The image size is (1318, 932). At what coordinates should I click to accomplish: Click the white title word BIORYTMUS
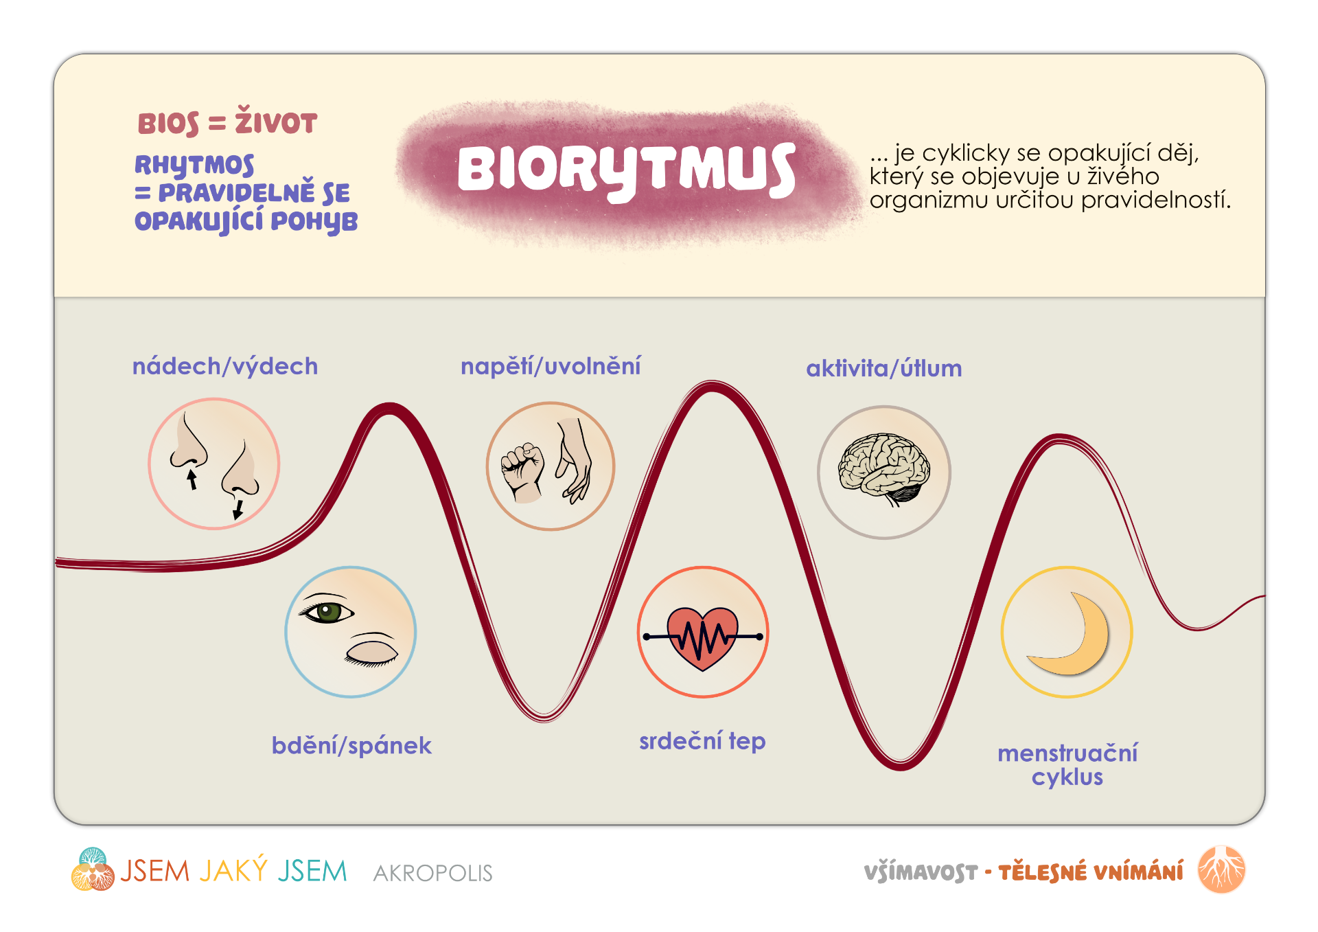tap(627, 170)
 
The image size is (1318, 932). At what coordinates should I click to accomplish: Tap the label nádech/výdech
tap(225, 367)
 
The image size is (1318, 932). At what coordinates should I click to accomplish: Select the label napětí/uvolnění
tap(551, 367)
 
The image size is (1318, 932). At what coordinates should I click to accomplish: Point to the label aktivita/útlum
tap(884, 369)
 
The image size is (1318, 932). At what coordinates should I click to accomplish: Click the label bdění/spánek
tap(351, 746)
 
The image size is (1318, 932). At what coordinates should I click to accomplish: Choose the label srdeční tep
tap(702, 742)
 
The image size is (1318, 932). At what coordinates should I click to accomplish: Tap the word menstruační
tap(1067, 753)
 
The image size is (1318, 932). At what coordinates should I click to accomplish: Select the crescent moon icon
tap(1071, 635)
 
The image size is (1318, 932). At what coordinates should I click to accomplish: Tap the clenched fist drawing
tap(523, 473)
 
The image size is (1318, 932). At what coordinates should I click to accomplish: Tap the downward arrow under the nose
tap(238, 509)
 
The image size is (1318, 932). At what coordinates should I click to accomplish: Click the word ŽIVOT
tap(276, 122)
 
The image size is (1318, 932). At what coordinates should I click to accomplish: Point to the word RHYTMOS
tap(194, 165)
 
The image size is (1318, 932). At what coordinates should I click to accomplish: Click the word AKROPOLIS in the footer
tap(433, 873)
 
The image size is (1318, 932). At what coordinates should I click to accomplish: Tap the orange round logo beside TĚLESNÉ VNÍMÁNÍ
tap(1221, 870)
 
